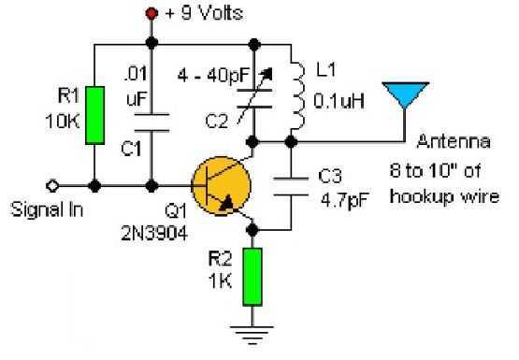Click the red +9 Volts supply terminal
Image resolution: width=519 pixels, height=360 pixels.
pos(151,14)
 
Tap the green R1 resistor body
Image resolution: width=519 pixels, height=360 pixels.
pos(95,115)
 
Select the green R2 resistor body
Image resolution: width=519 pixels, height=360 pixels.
pos(252,277)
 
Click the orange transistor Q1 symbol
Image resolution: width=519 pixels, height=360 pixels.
pos(221,186)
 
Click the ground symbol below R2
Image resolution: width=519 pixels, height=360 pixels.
pos(252,335)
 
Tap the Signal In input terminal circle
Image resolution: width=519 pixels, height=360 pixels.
pos(52,186)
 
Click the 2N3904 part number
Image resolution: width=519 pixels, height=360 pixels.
pos(154,233)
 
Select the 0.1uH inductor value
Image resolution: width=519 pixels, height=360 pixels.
pos(339,101)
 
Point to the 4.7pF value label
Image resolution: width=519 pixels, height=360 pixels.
pos(344,200)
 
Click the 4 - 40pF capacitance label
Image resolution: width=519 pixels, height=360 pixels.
pos(213,76)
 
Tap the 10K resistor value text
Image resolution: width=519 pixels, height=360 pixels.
pos(63,122)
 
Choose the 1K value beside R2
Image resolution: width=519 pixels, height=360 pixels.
pos(220,281)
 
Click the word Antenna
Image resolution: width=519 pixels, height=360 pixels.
pos(454,141)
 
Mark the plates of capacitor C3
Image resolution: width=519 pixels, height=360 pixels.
pos(291,187)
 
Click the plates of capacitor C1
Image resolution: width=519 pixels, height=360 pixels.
pos(151,122)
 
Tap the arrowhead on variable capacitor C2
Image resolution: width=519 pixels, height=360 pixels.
pos(268,74)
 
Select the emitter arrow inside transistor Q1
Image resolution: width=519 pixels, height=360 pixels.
pos(227,203)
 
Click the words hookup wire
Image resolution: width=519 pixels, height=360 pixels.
pos(444,197)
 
